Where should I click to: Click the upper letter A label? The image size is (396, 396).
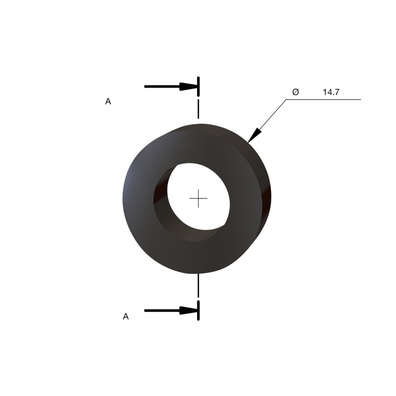(108, 101)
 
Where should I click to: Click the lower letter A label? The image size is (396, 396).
(126, 316)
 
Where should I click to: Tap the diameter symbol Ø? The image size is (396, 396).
(296, 92)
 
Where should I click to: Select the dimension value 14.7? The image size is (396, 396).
(331, 92)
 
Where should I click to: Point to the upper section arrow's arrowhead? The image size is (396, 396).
(188, 86)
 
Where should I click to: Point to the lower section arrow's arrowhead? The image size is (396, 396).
(188, 310)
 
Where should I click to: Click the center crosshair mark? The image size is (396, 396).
(198, 198)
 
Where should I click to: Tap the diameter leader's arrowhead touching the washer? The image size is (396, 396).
(254, 135)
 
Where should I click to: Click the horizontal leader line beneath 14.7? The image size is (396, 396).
(324, 99)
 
